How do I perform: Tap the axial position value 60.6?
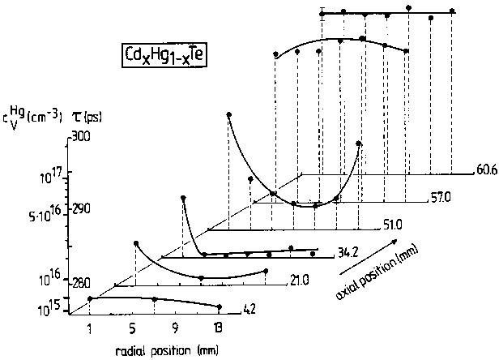pyautogui.click(x=483, y=172)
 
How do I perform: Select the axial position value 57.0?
pyautogui.click(x=438, y=197)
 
